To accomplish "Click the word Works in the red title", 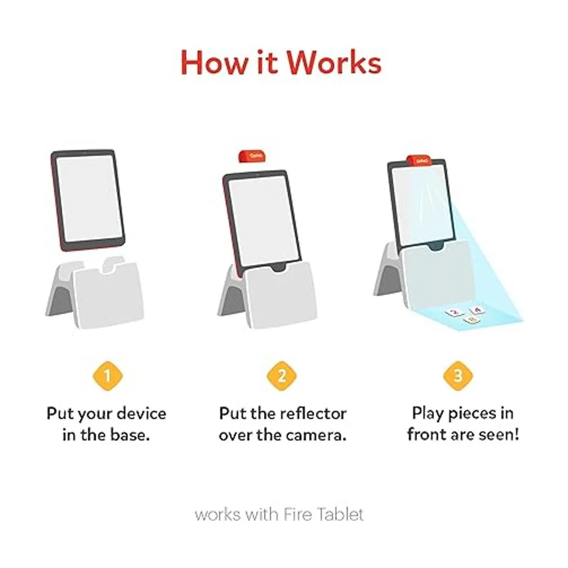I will (334, 62).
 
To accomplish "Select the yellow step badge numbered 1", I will (107, 376).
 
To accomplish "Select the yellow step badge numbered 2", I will (282, 376).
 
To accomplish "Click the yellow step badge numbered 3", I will (458, 376).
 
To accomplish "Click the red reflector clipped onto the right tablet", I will (419, 161).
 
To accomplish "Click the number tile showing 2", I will (455, 312).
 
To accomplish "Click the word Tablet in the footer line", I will (341, 514).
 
